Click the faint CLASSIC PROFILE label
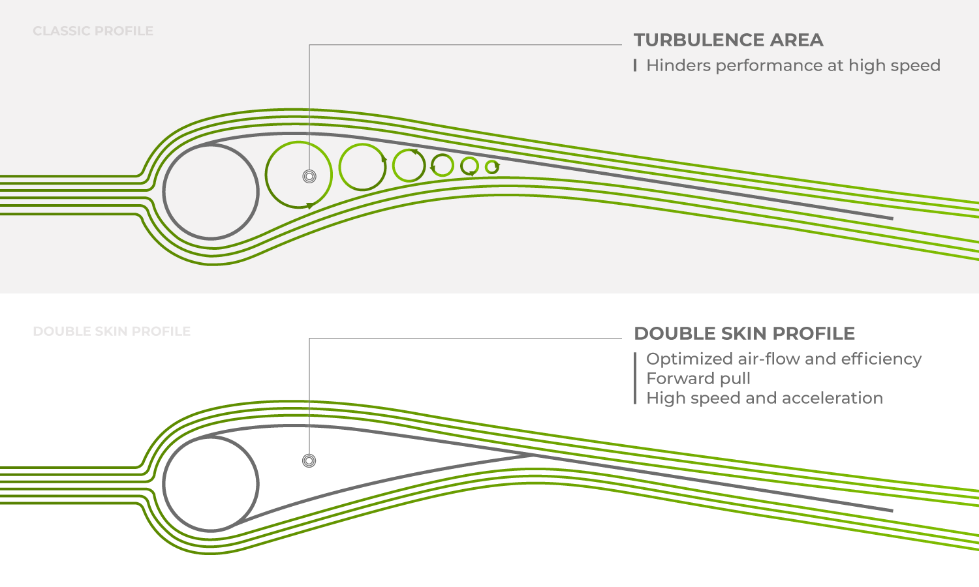(x=93, y=31)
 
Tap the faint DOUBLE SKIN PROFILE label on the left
(x=112, y=331)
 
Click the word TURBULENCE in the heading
(x=698, y=40)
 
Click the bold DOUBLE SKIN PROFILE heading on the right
(x=744, y=334)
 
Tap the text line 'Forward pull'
(x=698, y=379)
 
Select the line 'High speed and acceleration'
(x=765, y=399)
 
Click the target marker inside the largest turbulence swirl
(x=309, y=177)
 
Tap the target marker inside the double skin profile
(x=309, y=460)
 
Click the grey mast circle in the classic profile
(x=164, y=192)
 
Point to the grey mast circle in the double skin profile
(x=164, y=485)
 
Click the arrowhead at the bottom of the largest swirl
(x=310, y=205)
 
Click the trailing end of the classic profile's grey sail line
(x=892, y=218)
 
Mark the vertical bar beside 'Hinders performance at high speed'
(x=635, y=65)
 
